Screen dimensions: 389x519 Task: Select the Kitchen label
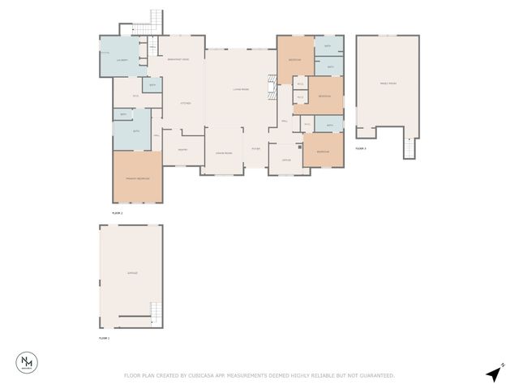185,103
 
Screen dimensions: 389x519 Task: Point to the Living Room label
240,89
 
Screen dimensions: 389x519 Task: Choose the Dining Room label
224,153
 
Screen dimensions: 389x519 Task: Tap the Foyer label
255,149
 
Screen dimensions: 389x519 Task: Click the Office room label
286,160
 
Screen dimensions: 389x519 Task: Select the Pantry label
183,149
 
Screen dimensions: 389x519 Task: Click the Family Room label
388,83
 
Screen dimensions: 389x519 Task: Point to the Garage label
132,273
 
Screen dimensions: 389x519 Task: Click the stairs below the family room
410,147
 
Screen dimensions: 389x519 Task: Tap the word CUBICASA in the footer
211,375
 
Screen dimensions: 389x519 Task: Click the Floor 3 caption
361,149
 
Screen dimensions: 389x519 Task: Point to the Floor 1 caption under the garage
104,337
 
